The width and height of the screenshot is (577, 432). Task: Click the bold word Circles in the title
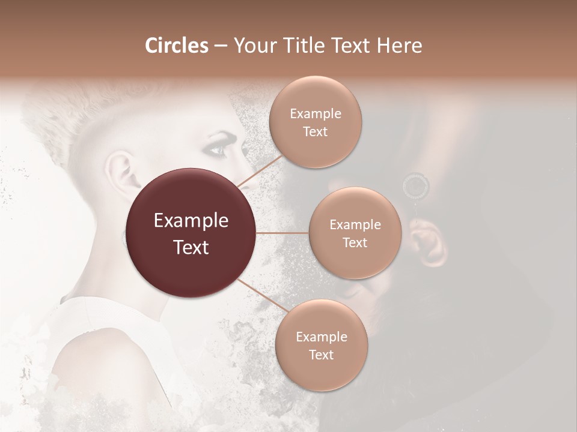pyautogui.click(x=176, y=46)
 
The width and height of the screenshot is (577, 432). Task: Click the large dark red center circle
pyautogui.click(x=191, y=233)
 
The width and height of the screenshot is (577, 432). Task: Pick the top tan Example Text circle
pyautogui.click(x=315, y=122)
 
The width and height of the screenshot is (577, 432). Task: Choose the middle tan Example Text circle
pyautogui.click(x=355, y=233)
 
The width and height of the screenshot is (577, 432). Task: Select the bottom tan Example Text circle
pyautogui.click(x=321, y=345)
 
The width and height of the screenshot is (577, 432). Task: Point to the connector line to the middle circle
pyautogui.click(x=282, y=233)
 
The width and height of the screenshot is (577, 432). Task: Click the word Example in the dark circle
pyautogui.click(x=191, y=221)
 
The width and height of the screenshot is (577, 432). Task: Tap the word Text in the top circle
pyautogui.click(x=315, y=131)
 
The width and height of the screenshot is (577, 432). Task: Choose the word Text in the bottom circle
pyautogui.click(x=321, y=355)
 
